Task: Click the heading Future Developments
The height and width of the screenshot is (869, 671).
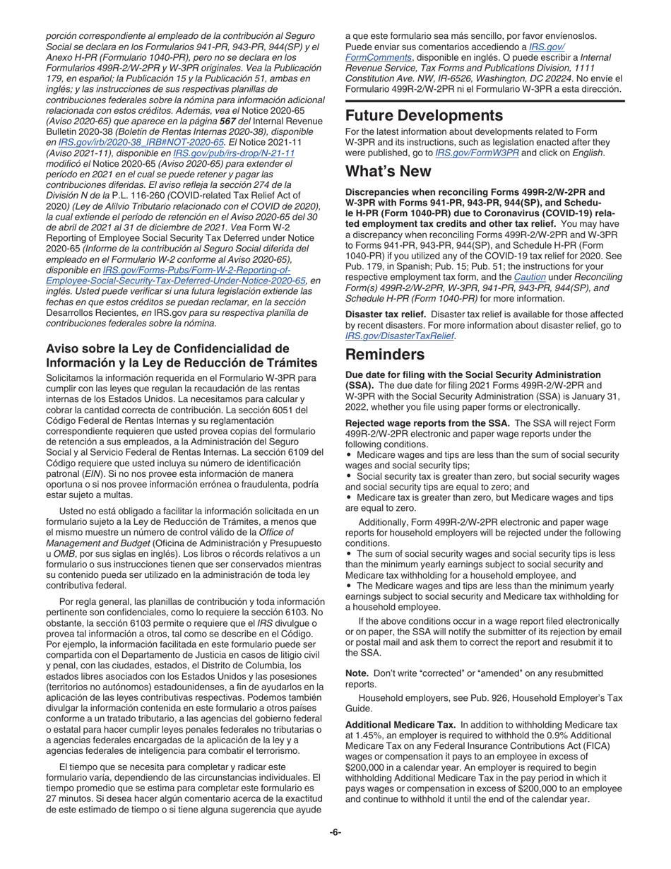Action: (434, 116)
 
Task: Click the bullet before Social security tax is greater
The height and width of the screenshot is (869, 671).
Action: (349, 477)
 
